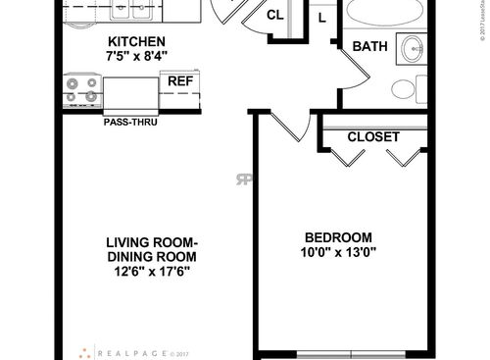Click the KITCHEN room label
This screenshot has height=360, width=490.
click(137, 42)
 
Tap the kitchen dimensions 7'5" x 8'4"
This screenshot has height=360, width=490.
click(136, 57)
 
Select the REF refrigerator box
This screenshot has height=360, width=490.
click(180, 81)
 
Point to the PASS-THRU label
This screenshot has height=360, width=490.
click(129, 124)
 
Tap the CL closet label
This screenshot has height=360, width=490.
click(275, 16)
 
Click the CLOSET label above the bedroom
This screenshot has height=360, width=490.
click(372, 136)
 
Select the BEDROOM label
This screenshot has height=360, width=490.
click(338, 237)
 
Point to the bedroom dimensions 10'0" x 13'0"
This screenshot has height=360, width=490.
click(338, 253)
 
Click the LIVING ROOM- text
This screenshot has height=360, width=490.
click(152, 242)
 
